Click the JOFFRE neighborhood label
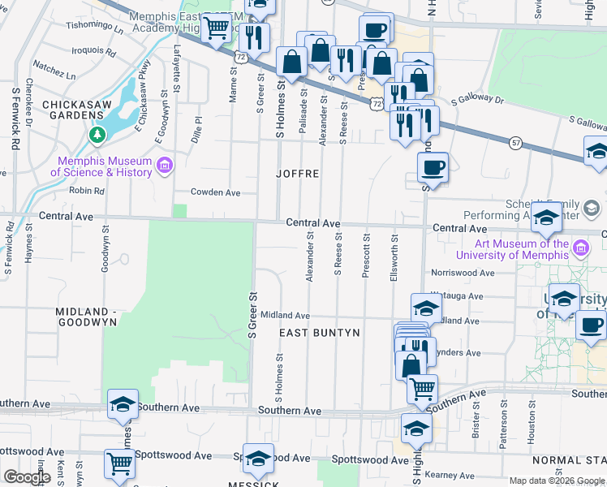point(297,174)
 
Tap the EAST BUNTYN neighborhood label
point(319,334)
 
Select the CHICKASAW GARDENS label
point(82,110)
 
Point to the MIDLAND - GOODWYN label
point(86,317)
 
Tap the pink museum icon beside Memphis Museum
point(165,166)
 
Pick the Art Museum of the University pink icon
point(579,248)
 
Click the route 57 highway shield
point(516,143)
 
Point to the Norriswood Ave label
point(463,273)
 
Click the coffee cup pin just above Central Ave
point(433,167)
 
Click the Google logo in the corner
point(27,477)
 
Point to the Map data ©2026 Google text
point(557,481)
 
